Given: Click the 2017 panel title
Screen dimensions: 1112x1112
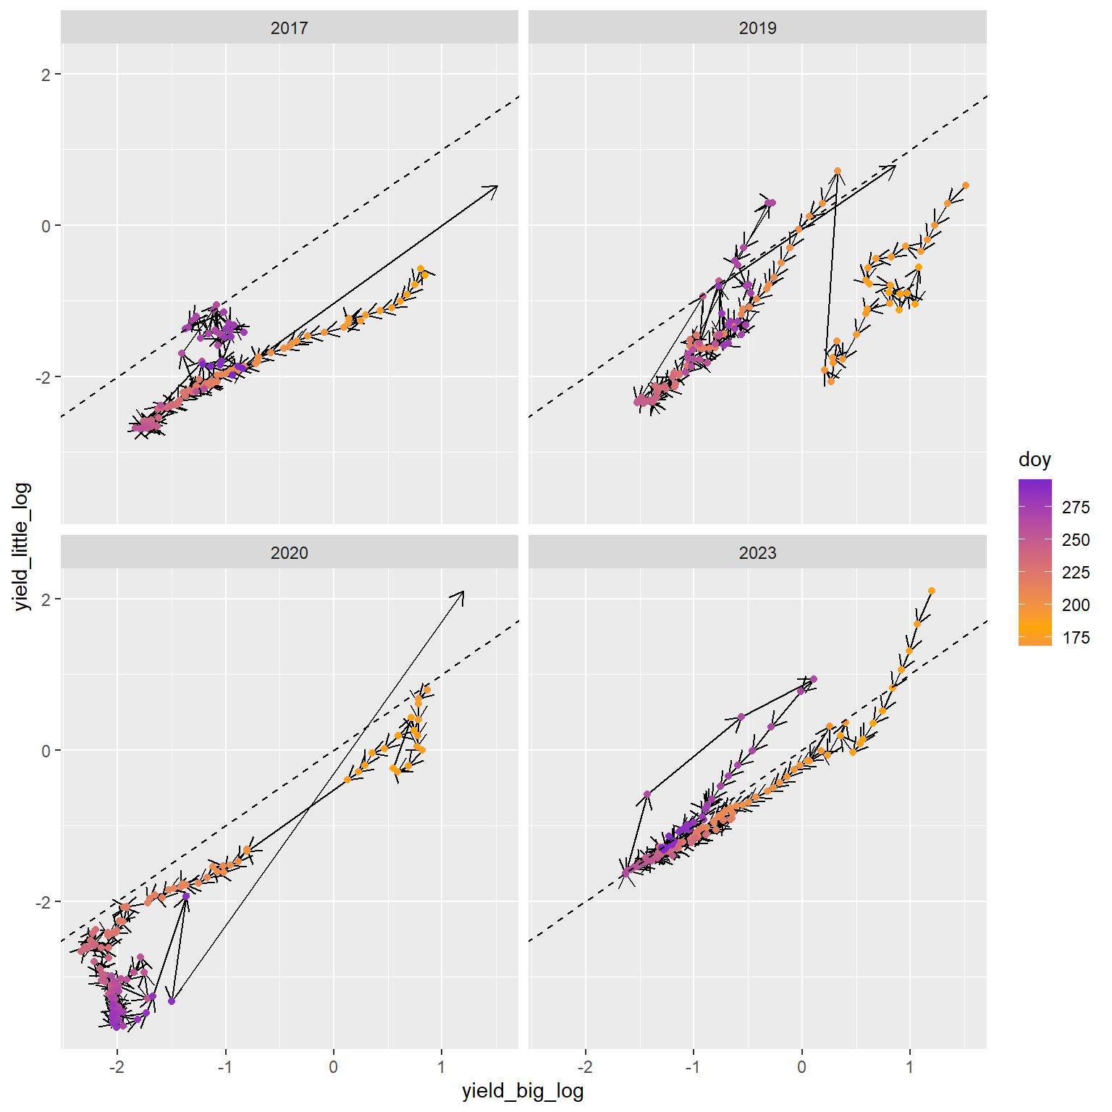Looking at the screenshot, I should click(x=289, y=28).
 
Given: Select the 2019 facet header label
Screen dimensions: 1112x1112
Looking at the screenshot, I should click(x=757, y=28).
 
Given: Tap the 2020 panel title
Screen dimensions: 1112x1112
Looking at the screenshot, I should click(x=289, y=553).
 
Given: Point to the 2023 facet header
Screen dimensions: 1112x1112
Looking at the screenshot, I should click(x=757, y=553).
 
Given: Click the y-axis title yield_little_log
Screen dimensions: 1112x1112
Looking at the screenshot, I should click(x=23, y=547).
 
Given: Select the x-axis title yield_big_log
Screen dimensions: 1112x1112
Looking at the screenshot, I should click(x=523, y=1091).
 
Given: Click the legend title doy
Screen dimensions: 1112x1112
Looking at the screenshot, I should click(x=1034, y=460).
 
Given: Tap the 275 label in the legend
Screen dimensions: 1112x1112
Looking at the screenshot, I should click(x=1076, y=507).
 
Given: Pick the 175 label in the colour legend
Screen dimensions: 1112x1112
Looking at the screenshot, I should click(x=1076, y=638).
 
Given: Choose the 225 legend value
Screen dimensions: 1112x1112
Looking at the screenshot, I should click(x=1076, y=573).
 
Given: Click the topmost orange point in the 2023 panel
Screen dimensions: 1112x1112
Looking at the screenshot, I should click(x=931, y=591).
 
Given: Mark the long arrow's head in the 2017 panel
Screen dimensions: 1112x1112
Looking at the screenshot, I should click(x=497, y=186).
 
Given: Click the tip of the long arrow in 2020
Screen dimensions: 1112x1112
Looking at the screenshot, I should click(x=463, y=592).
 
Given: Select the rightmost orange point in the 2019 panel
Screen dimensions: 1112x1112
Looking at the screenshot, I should click(x=965, y=185).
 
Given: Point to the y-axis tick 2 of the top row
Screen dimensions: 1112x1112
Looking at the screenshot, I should click(x=46, y=74).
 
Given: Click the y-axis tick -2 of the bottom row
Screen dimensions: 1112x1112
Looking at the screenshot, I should click(x=43, y=902).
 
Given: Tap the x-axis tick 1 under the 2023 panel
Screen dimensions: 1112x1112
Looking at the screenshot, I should click(x=910, y=1066).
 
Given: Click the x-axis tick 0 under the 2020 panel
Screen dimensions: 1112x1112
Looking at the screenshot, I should click(x=334, y=1066).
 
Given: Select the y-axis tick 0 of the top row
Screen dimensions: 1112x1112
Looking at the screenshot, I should click(x=46, y=226).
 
